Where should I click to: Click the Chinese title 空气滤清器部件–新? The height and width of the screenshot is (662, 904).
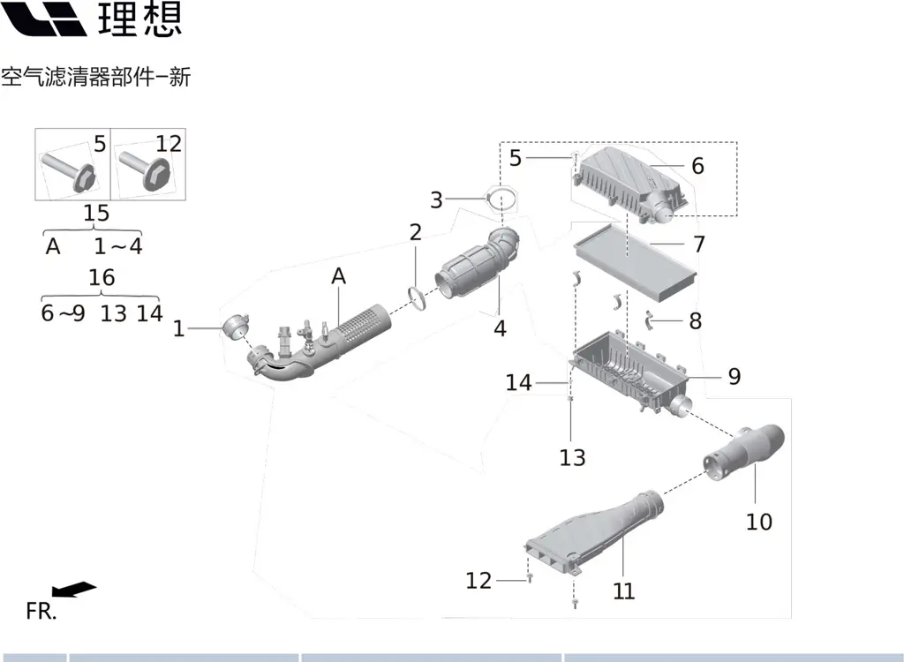(x=95, y=78)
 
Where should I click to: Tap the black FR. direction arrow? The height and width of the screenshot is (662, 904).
(x=73, y=589)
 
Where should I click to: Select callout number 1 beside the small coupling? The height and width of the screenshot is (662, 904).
(x=179, y=329)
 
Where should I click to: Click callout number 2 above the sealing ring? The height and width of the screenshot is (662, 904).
(x=415, y=233)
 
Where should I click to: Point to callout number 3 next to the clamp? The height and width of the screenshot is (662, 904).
(x=436, y=200)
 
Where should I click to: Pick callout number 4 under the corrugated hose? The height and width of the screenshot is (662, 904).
(x=500, y=328)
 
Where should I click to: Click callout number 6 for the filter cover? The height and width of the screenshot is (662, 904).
(x=697, y=166)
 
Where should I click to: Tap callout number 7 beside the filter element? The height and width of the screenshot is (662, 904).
(x=699, y=244)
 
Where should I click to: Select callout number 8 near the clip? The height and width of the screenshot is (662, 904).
(x=696, y=320)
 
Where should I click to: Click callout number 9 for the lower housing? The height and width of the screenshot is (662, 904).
(x=734, y=377)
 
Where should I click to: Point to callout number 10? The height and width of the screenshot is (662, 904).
(x=758, y=522)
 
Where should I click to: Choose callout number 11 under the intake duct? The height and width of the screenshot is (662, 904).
(x=624, y=591)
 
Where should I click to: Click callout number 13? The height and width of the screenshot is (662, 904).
(x=572, y=457)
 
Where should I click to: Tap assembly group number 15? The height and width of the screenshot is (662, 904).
(x=96, y=213)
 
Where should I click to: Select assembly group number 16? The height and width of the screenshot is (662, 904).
(x=102, y=277)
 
